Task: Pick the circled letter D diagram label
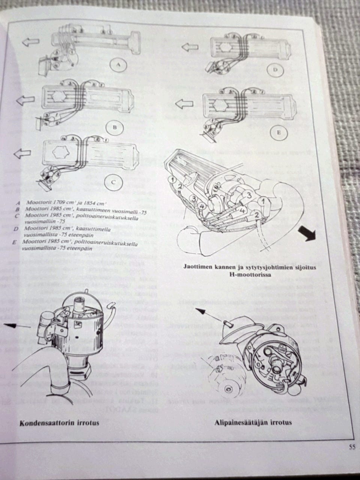coord(275,70)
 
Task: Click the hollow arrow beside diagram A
coord(30,42)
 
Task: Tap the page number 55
coord(351,446)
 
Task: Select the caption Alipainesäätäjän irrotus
coord(253,423)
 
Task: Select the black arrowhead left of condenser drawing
coord(12,325)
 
